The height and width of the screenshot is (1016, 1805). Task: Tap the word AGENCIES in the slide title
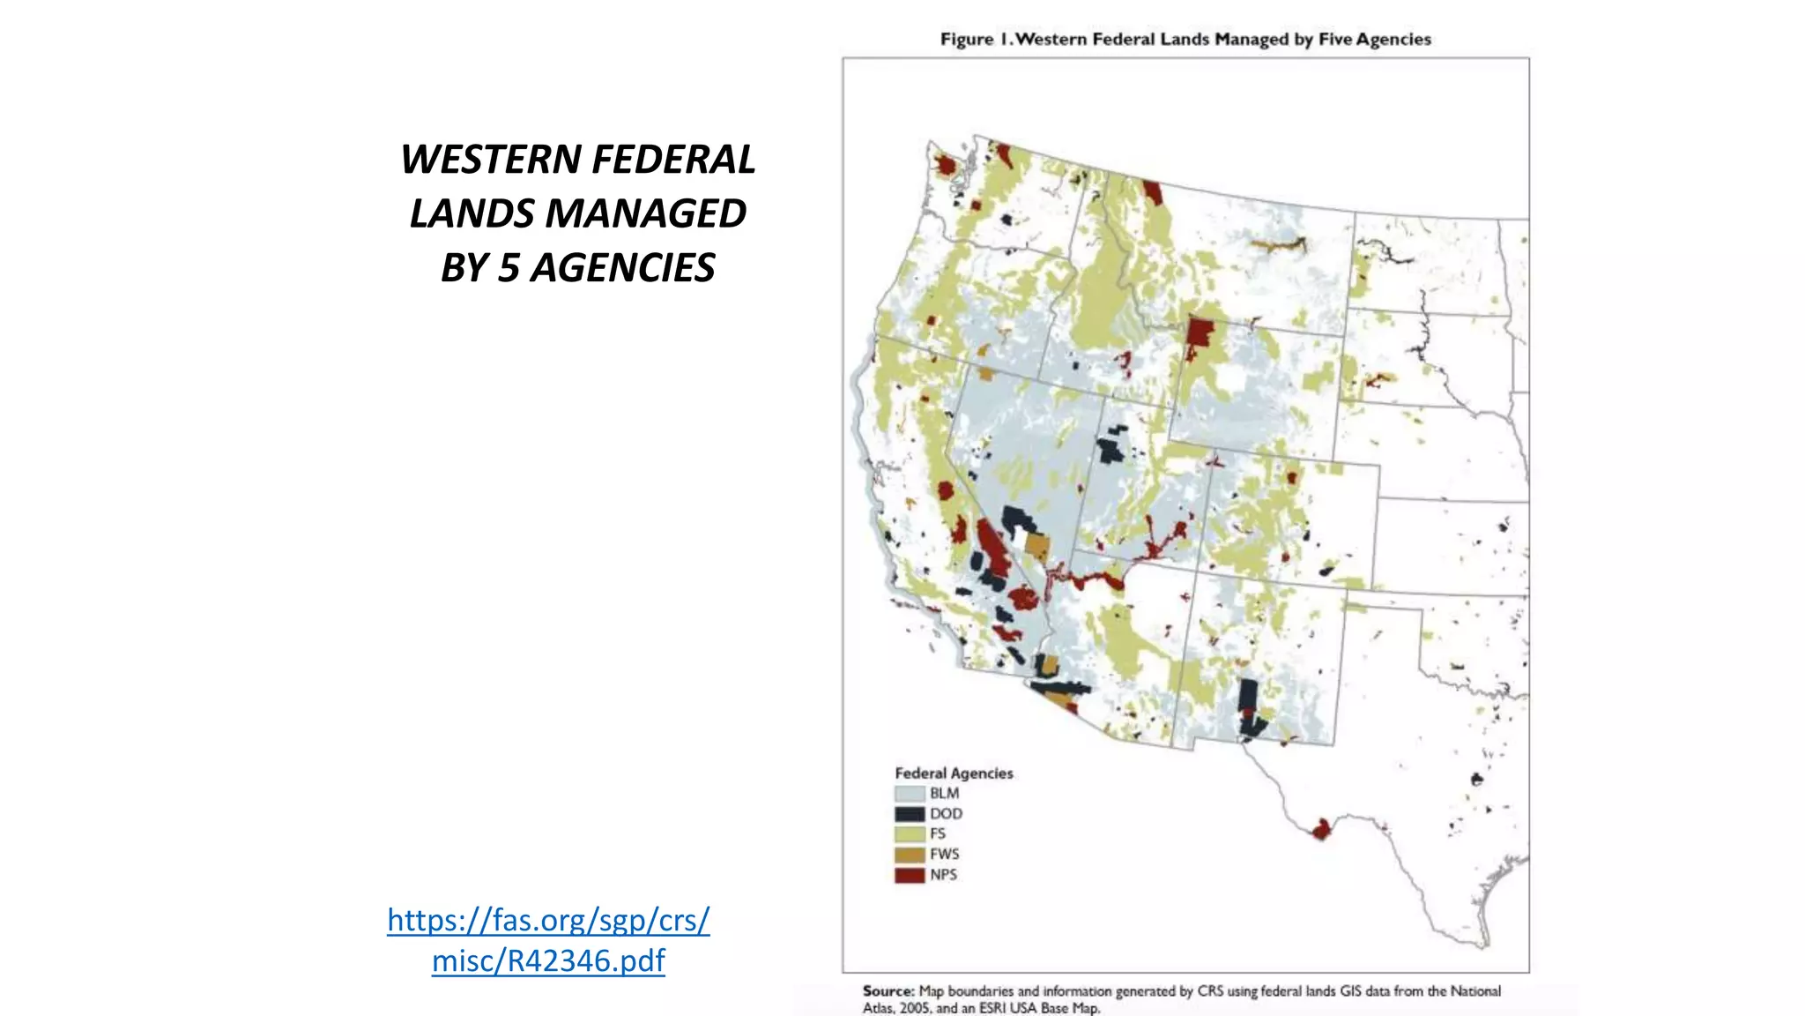(x=621, y=268)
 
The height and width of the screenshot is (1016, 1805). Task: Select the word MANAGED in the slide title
(x=645, y=213)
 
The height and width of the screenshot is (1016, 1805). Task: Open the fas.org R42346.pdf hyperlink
(x=548, y=940)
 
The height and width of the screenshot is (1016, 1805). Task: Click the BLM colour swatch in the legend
(x=910, y=794)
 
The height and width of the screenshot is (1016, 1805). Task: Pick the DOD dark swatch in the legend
(x=910, y=814)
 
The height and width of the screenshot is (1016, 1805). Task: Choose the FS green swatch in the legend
(x=910, y=834)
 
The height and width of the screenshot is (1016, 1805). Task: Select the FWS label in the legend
(x=944, y=855)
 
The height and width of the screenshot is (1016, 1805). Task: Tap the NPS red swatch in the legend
(x=910, y=875)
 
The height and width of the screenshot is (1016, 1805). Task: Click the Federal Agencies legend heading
(x=954, y=773)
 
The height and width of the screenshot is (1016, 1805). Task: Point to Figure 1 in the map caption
(x=972, y=40)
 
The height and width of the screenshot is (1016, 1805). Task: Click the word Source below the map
(x=888, y=991)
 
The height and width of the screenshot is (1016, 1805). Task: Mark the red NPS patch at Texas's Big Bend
(x=1320, y=829)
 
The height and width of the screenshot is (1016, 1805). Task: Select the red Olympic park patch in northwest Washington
(x=946, y=165)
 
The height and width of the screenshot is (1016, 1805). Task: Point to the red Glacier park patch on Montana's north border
(x=1152, y=192)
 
